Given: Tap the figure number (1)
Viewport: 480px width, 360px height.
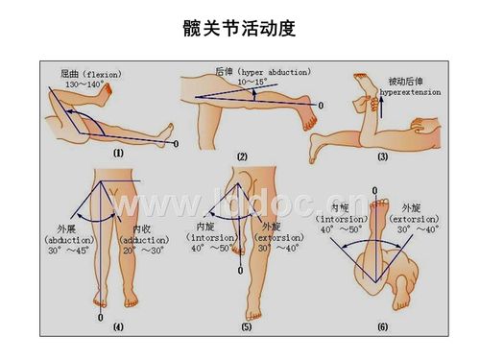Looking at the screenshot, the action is [x=118, y=152].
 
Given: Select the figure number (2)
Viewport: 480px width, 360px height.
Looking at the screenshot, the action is [x=242, y=156].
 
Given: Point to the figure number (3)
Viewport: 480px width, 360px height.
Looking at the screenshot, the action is [x=382, y=156].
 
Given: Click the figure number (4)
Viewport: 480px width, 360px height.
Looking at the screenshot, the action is [x=118, y=327].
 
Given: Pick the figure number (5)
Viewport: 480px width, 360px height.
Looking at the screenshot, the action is [x=247, y=327].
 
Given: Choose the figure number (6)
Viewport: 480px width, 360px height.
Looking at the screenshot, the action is [x=382, y=327].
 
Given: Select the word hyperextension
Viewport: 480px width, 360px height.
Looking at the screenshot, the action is [x=409, y=93].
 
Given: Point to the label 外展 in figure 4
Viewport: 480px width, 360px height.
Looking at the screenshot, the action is [x=64, y=228].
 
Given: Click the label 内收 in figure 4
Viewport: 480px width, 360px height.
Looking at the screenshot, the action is [x=140, y=228].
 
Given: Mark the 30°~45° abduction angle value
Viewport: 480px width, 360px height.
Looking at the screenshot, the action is [x=68, y=252].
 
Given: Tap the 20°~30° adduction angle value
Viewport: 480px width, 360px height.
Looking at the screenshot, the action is [x=144, y=252].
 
